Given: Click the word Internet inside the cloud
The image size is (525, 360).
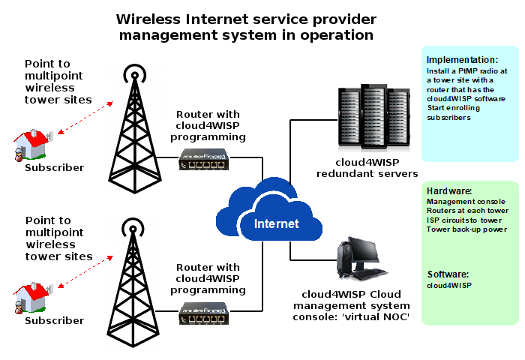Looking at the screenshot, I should tap(276, 223).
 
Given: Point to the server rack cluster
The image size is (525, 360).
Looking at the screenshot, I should tap(373, 116).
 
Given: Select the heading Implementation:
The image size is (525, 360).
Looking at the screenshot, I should tap(462, 60).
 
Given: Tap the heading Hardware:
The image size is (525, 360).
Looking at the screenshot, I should tap(448, 191).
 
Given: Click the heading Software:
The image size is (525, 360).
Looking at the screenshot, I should tap(448, 274).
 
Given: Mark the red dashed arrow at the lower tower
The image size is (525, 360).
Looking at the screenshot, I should tap(84, 271).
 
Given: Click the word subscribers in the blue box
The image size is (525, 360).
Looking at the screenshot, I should tap(448, 117).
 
